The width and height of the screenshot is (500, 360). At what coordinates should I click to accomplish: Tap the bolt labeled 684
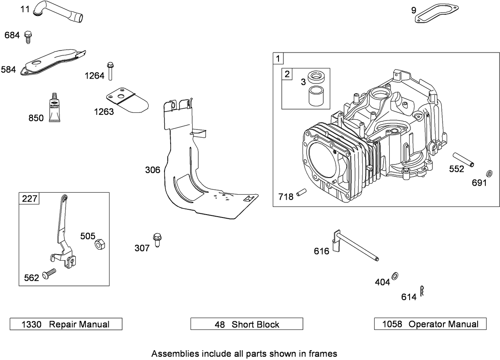28,37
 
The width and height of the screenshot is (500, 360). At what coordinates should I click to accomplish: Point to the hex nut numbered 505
100,244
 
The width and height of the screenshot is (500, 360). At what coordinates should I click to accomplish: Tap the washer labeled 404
394,277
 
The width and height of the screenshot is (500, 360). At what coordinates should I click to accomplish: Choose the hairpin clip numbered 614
422,292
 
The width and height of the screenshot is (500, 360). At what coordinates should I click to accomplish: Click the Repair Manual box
66,324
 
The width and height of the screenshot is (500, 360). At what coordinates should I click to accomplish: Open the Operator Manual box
430,324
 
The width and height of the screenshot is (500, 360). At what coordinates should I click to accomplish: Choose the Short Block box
247,324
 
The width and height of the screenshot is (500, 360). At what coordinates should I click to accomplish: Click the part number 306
153,170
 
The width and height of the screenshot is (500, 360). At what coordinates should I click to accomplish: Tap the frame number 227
30,199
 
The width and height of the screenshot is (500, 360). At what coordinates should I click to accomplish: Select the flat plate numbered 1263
126,100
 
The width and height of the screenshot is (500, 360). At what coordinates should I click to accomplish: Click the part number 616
321,251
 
